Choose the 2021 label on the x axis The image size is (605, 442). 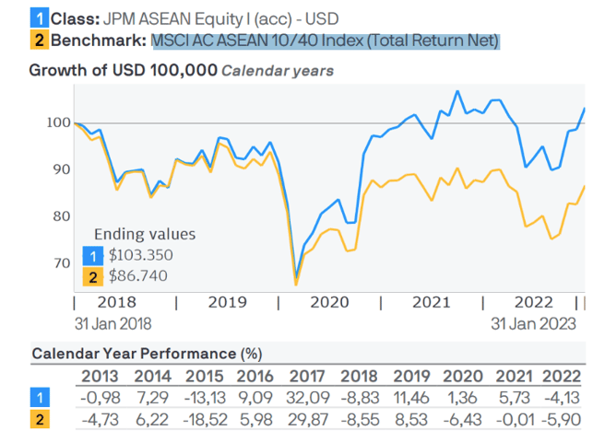pyautogui.click(x=432, y=302)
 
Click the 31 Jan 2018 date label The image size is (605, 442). pyautogui.click(x=113, y=323)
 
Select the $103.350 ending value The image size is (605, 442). pyautogui.click(x=140, y=255)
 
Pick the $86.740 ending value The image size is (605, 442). pyautogui.click(x=137, y=275)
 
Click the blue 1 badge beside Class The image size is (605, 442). pyautogui.click(x=38, y=17)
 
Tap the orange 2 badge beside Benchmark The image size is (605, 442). pyautogui.click(x=38, y=40)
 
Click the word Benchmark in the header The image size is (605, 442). pyautogui.click(x=98, y=40)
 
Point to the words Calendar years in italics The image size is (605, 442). pyautogui.click(x=277, y=70)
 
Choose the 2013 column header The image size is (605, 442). pyautogui.click(x=99, y=375)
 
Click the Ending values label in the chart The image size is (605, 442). pyautogui.click(x=146, y=234)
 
